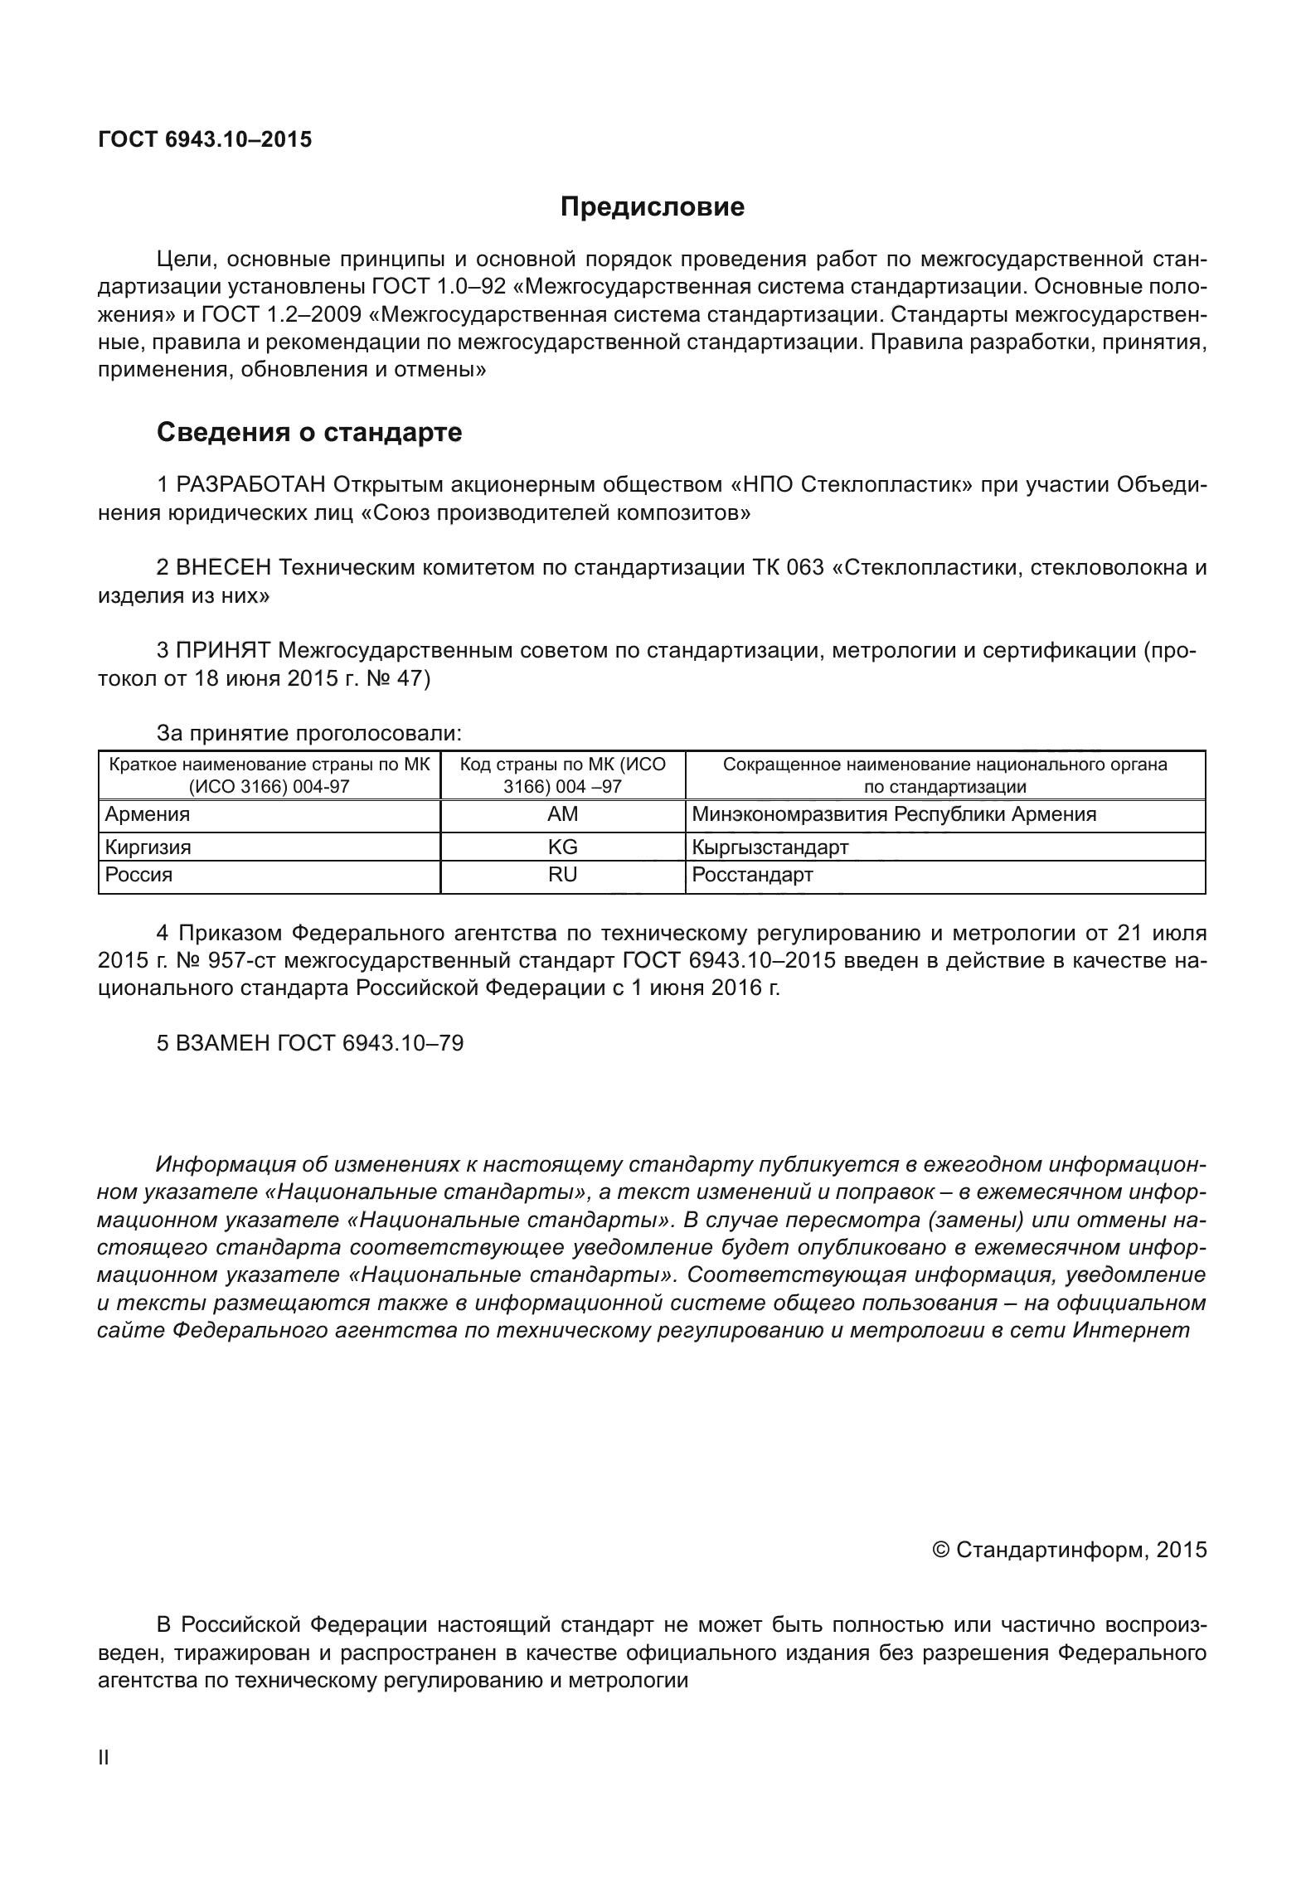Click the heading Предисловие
tap(652, 206)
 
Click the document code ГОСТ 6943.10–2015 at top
tap(205, 139)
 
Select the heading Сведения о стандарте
tap(309, 432)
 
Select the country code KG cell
tap(563, 847)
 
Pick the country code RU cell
tap(563, 875)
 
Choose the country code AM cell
tap(563, 814)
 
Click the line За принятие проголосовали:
tap(309, 734)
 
